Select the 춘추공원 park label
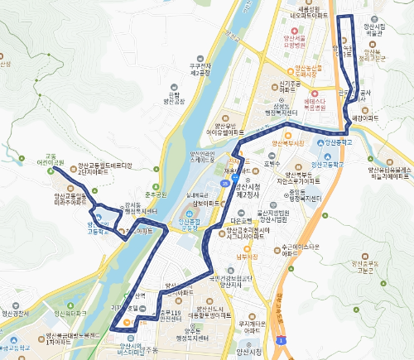click(x=156, y=194)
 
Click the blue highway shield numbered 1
click(x=282, y=339)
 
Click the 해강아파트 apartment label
click(x=364, y=118)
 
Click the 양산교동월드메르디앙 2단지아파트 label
click(x=104, y=170)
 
